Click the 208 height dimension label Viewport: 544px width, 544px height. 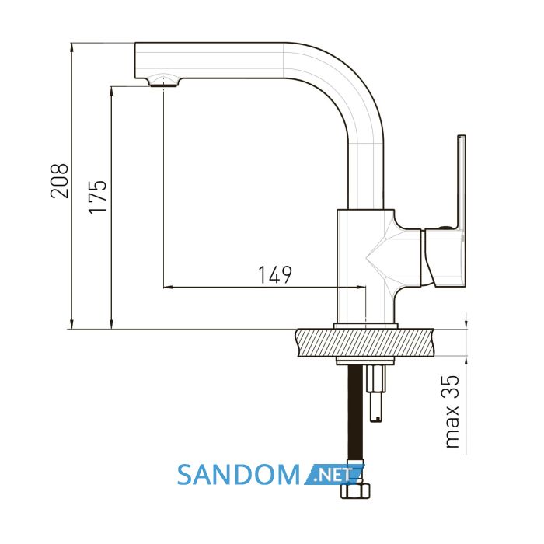[59, 181]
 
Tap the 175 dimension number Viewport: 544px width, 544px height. [98, 197]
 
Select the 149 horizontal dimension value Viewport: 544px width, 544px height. [275, 275]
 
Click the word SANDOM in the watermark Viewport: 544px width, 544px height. [239, 475]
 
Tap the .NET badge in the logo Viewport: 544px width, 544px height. [335, 474]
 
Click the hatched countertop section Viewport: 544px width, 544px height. [364, 342]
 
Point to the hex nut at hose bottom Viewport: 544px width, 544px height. [355, 491]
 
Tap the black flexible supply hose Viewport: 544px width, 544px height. [355, 424]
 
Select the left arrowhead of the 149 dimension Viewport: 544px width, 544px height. [167, 287]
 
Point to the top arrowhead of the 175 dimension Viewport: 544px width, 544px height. [111, 91]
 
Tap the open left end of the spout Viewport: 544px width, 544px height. [135, 61]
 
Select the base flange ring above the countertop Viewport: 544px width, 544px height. [366, 326]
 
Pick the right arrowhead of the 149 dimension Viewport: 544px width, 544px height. [361, 287]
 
